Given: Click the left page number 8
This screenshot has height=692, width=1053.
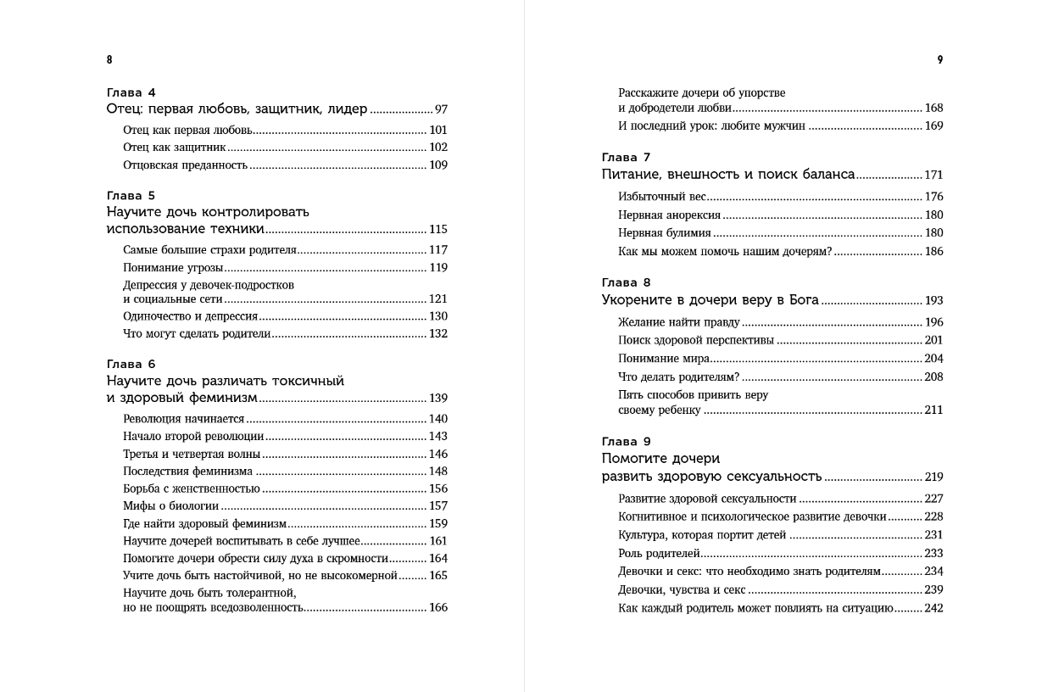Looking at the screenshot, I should pyautogui.click(x=109, y=60).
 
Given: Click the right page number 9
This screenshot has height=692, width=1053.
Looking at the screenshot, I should pyautogui.click(x=940, y=60).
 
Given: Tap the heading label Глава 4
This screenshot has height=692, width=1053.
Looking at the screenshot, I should pyautogui.click(x=131, y=92).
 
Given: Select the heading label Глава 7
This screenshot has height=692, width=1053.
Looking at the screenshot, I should pyautogui.click(x=626, y=157).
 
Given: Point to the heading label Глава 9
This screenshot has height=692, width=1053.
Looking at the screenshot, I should pyautogui.click(x=626, y=441).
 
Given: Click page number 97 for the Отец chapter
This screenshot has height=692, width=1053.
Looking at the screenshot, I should pyautogui.click(x=441, y=109).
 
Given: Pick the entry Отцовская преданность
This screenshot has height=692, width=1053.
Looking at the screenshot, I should pyautogui.click(x=185, y=165).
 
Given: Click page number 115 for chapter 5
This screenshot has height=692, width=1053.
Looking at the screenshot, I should pyautogui.click(x=437, y=229).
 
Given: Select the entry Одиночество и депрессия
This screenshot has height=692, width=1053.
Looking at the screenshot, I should pyautogui.click(x=190, y=316).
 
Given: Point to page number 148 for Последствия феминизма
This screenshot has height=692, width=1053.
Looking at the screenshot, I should pyautogui.click(x=437, y=472).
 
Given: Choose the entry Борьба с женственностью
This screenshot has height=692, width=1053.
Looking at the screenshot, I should pyautogui.click(x=192, y=488).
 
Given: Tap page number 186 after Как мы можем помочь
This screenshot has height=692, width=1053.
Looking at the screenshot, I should pyautogui.click(x=933, y=251).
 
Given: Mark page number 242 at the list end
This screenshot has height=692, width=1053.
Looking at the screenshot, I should pyautogui.click(x=933, y=608).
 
